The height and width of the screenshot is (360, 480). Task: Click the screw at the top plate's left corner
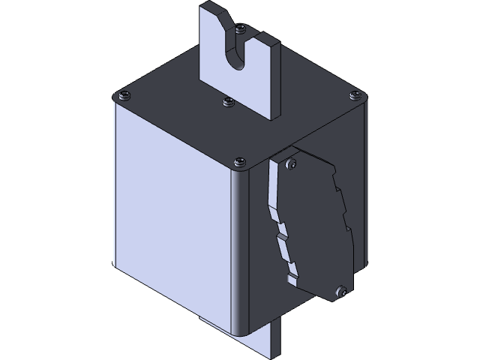click(x=123, y=95)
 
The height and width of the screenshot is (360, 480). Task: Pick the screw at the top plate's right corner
click(x=355, y=94)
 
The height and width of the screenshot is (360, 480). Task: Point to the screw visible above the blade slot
click(x=239, y=29)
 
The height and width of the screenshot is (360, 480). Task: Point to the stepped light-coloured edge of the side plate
click(x=280, y=225)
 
